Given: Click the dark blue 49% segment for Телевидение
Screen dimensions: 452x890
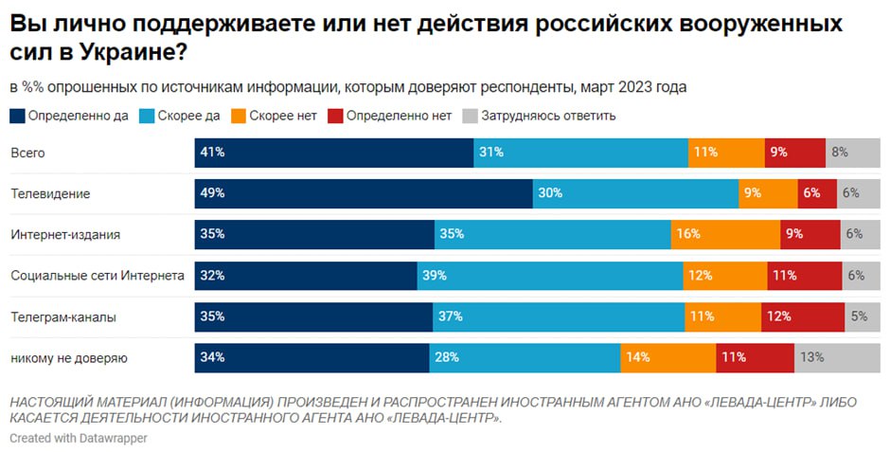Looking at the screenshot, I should tap(364, 193).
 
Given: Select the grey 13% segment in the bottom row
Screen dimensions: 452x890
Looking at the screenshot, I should tap(837, 358).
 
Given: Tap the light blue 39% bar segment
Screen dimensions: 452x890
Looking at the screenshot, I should tap(550, 276).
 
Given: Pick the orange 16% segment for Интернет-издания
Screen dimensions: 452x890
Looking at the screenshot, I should tap(725, 234).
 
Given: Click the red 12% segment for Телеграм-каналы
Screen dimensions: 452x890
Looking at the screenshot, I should tap(802, 317).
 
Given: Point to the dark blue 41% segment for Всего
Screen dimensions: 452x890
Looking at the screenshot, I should tap(333, 152).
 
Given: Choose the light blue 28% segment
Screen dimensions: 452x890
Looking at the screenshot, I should tap(525, 358).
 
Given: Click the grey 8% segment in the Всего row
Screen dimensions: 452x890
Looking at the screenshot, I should tap(852, 152).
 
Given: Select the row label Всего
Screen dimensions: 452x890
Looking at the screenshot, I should tap(27, 152).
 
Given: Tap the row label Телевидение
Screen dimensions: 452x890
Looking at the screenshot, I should tap(50, 193).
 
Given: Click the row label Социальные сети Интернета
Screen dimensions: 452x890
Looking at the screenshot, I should tap(97, 276).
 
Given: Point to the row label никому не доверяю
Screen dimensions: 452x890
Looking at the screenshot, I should tap(68, 358).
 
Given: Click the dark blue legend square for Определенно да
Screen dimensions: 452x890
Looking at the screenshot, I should tap(18, 117).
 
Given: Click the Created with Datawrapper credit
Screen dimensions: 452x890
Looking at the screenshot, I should tap(79, 439).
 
